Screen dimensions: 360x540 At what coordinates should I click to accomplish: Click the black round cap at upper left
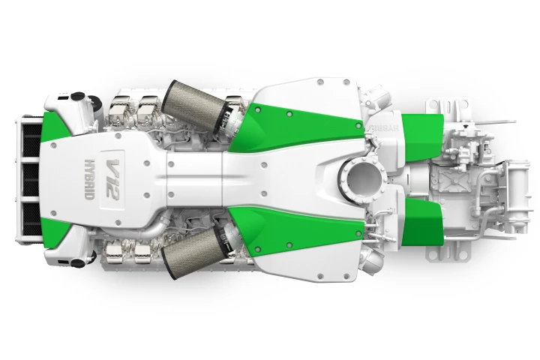click(76, 97)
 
